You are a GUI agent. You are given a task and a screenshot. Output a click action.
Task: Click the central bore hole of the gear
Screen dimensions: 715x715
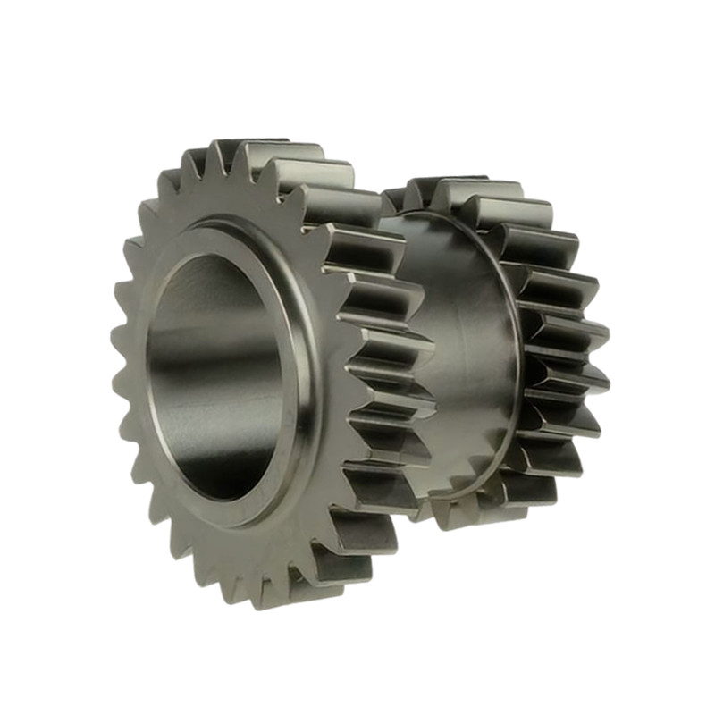click(219, 375)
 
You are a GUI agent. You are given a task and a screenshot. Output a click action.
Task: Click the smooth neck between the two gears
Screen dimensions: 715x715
click(456, 357)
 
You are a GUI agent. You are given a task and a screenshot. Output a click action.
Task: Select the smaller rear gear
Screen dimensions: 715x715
click(536, 357)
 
